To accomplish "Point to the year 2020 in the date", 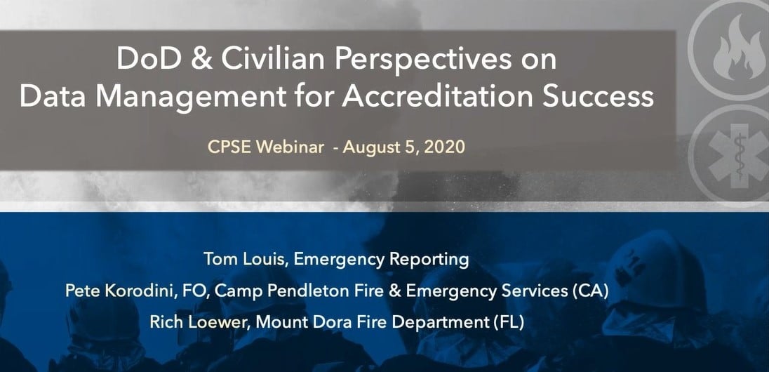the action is (444, 147).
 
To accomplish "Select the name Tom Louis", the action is (245, 259).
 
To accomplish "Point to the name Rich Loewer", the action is (200, 322).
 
